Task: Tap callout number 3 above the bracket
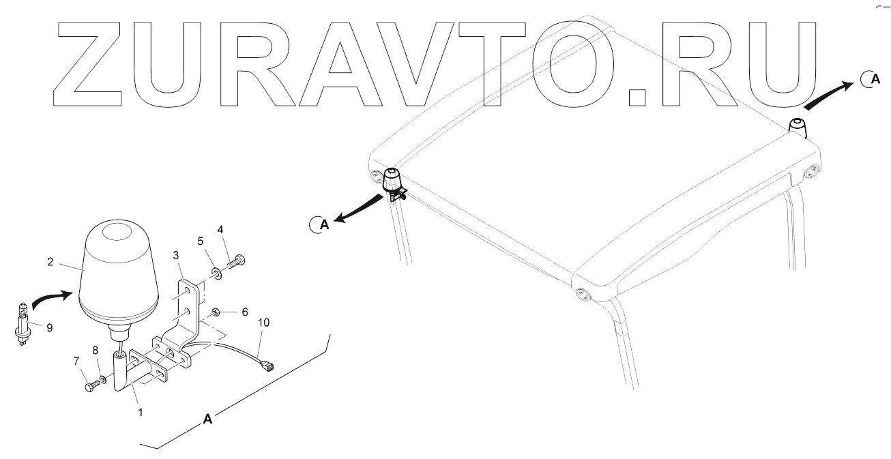[176, 255]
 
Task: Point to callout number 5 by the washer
[201, 241]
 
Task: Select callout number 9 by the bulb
[48, 326]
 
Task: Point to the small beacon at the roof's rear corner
[798, 126]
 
